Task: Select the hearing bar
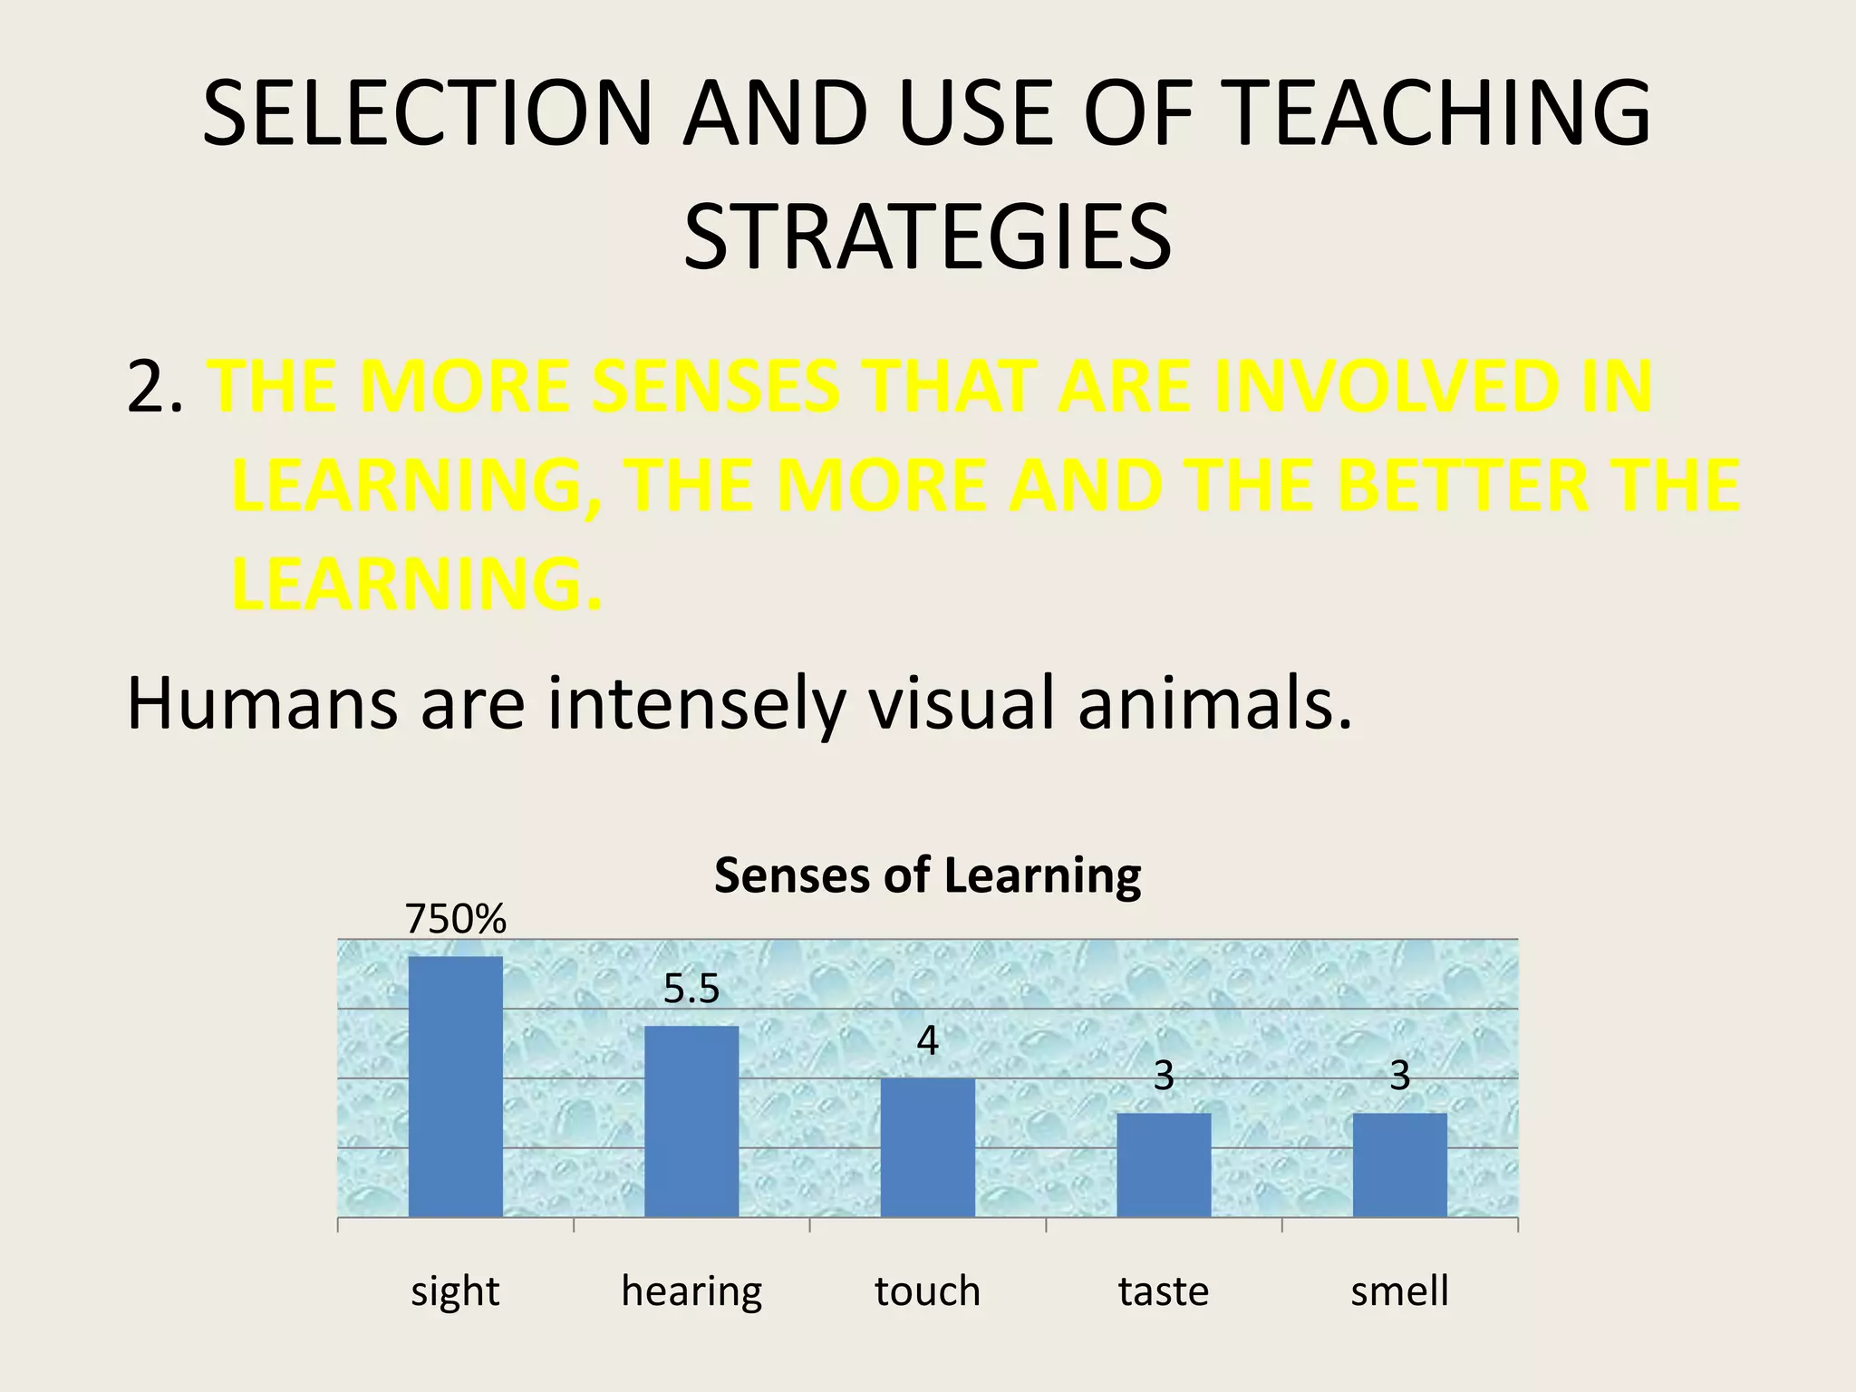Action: click(691, 1121)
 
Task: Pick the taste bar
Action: click(1164, 1165)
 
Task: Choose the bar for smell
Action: click(1399, 1165)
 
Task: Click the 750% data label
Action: click(455, 920)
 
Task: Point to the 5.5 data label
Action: click(691, 989)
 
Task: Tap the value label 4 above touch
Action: click(927, 1041)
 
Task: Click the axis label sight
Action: click(455, 1290)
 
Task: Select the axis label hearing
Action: click(691, 1290)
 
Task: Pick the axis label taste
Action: click(1164, 1290)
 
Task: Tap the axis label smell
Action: click(1399, 1290)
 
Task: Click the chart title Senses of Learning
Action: click(927, 875)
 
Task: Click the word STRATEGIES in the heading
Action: click(927, 237)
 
